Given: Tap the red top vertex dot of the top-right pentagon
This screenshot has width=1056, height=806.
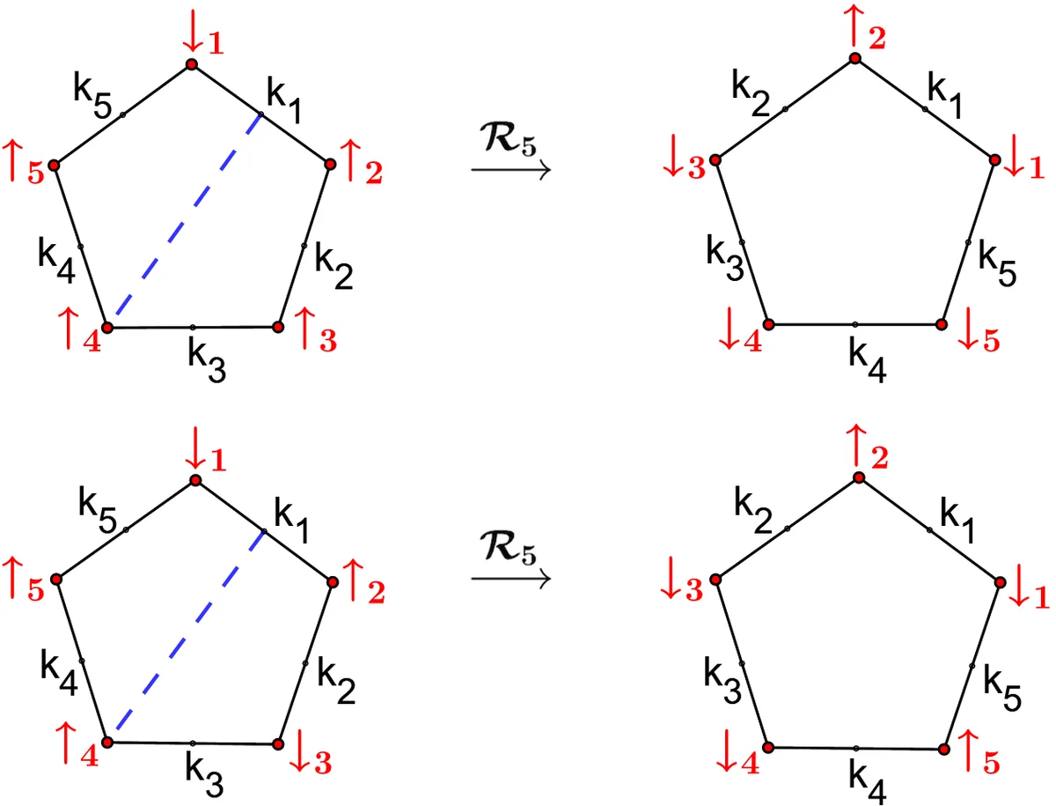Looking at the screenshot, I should point(854,58).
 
